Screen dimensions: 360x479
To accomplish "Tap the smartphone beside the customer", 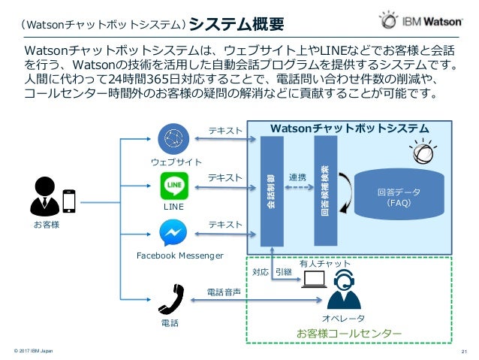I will point(70,201).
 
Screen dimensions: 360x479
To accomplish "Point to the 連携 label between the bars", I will point(298,177).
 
